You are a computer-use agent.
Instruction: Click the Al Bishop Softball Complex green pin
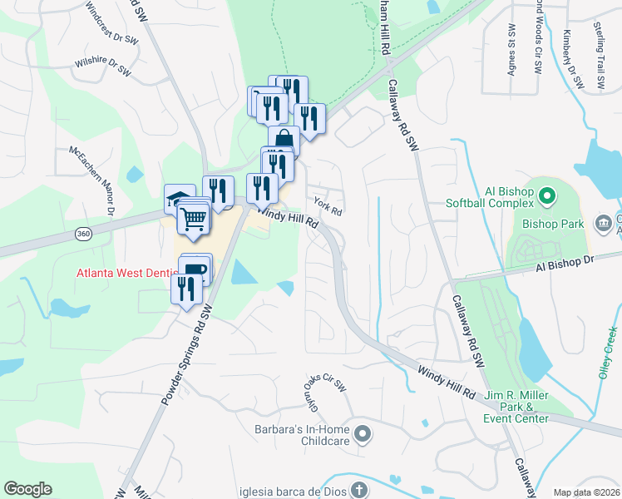(x=546, y=197)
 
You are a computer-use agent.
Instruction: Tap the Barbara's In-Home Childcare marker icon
(x=363, y=433)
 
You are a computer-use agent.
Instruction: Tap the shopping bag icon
(x=284, y=139)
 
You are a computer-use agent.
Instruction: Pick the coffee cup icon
(x=195, y=269)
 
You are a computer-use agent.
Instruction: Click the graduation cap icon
(x=177, y=198)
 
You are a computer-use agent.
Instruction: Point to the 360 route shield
(x=83, y=235)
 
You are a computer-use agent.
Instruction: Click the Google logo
(x=28, y=489)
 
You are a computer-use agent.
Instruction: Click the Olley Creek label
(x=608, y=353)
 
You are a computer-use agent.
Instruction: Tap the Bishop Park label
(x=553, y=223)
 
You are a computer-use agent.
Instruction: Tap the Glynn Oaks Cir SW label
(x=316, y=391)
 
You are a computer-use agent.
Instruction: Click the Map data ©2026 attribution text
(x=585, y=492)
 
